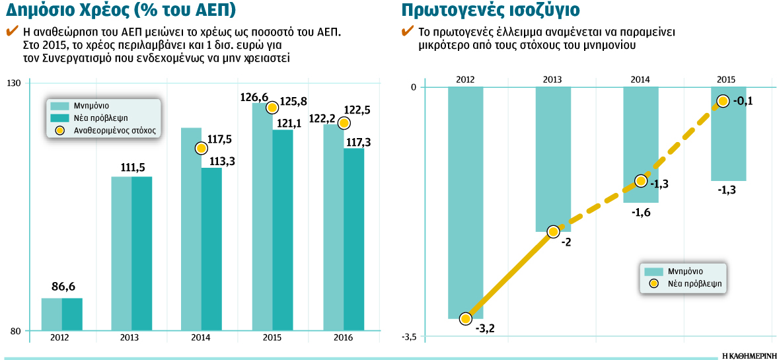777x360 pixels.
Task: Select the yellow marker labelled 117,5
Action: [x=202, y=148]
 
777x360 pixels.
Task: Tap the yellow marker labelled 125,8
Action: [x=272, y=107]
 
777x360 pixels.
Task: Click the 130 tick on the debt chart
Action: [x=14, y=83]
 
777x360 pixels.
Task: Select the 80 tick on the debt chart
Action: [x=17, y=330]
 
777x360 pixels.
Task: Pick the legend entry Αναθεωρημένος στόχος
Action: [x=105, y=131]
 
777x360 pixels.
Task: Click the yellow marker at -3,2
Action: [x=465, y=318]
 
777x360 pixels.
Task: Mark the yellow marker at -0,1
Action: [x=723, y=101]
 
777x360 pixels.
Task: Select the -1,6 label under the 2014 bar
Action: [x=641, y=213]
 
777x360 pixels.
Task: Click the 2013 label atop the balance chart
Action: [x=552, y=80]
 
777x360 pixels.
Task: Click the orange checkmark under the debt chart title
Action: [x=11, y=31]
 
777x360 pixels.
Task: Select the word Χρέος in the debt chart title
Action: [x=107, y=11]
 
